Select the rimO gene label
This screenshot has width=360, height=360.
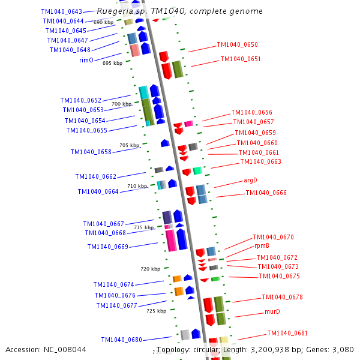[86, 60]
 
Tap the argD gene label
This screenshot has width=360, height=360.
[250, 180]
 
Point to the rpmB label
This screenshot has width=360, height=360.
[262, 246]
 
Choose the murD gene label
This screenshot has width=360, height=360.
[272, 312]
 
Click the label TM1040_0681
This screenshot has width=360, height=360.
[287, 333]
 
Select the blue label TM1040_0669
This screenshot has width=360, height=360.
[107, 247]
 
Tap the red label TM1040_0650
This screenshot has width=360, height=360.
[237, 44]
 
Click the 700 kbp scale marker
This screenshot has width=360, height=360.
[121, 104]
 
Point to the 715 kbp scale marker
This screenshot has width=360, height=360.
[143, 227]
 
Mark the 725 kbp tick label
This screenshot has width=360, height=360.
[156, 311]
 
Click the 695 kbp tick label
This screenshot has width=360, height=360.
[112, 63]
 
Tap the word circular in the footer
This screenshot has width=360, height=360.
[203, 349]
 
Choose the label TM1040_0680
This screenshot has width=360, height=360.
[121, 340]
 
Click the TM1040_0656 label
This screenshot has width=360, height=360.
[251, 112]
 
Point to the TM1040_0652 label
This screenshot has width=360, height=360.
[80, 100]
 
